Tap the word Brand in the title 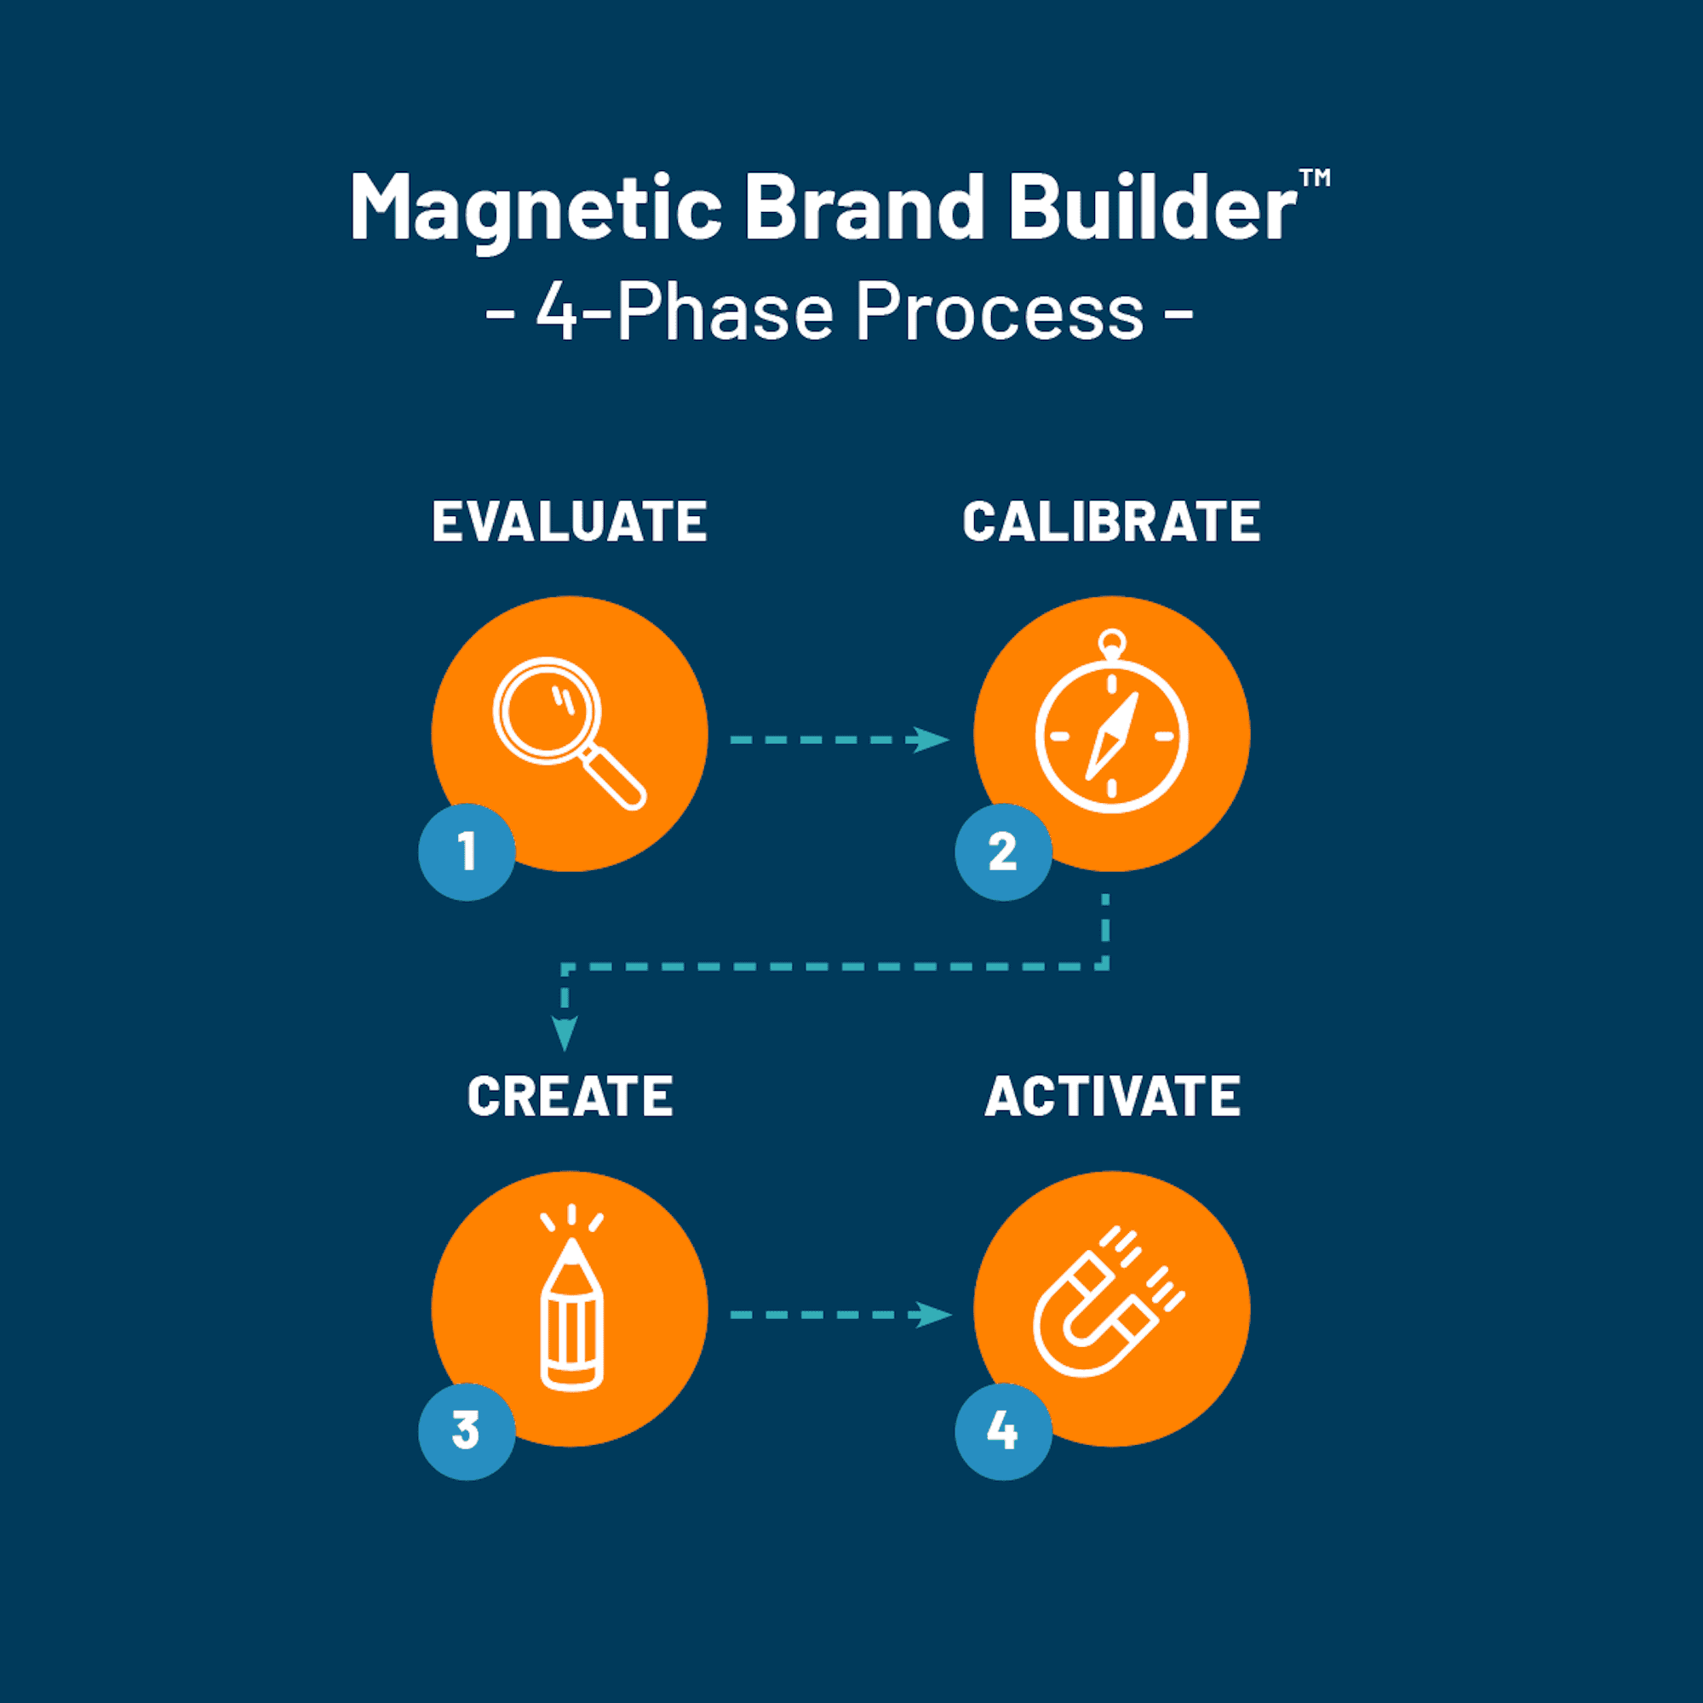click(x=865, y=206)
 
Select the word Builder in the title click(x=1152, y=206)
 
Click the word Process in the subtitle click(x=1000, y=311)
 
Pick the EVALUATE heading click(x=570, y=521)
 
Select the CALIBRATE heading click(x=1111, y=521)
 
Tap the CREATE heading click(x=571, y=1096)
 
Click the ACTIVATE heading click(x=1112, y=1096)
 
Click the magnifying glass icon click(x=570, y=733)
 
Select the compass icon click(x=1111, y=721)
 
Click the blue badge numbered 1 click(x=467, y=851)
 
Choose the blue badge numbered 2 click(x=1003, y=851)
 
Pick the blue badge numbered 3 click(x=467, y=1431)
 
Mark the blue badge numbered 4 click(x=1003, y=1431)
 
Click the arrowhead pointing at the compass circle click(x=930, y=740)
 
